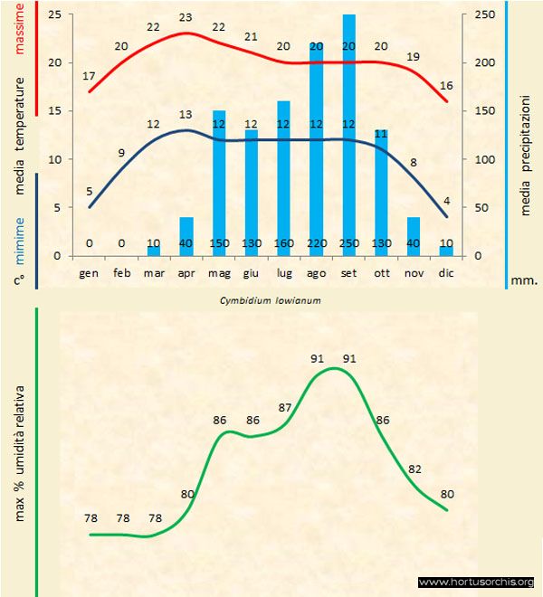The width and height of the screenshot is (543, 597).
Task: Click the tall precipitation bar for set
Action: [349, 136]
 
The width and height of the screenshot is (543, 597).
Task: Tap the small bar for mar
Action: [154, 251]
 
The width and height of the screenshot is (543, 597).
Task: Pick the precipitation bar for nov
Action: [414, 236]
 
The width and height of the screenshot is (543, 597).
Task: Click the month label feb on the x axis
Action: [122, 271]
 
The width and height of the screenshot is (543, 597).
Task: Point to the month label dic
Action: [446, 271]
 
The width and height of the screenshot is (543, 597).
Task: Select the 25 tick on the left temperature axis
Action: [56, 15]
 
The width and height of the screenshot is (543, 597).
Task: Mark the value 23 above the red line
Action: [186, 17]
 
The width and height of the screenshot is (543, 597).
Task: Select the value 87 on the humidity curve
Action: [285, 408]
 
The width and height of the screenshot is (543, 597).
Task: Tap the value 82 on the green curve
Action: [415, 469]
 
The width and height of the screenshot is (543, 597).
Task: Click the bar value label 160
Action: [284, 243]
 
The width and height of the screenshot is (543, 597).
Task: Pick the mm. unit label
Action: [525, 280]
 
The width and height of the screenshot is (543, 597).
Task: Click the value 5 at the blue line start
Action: [89, 191]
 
